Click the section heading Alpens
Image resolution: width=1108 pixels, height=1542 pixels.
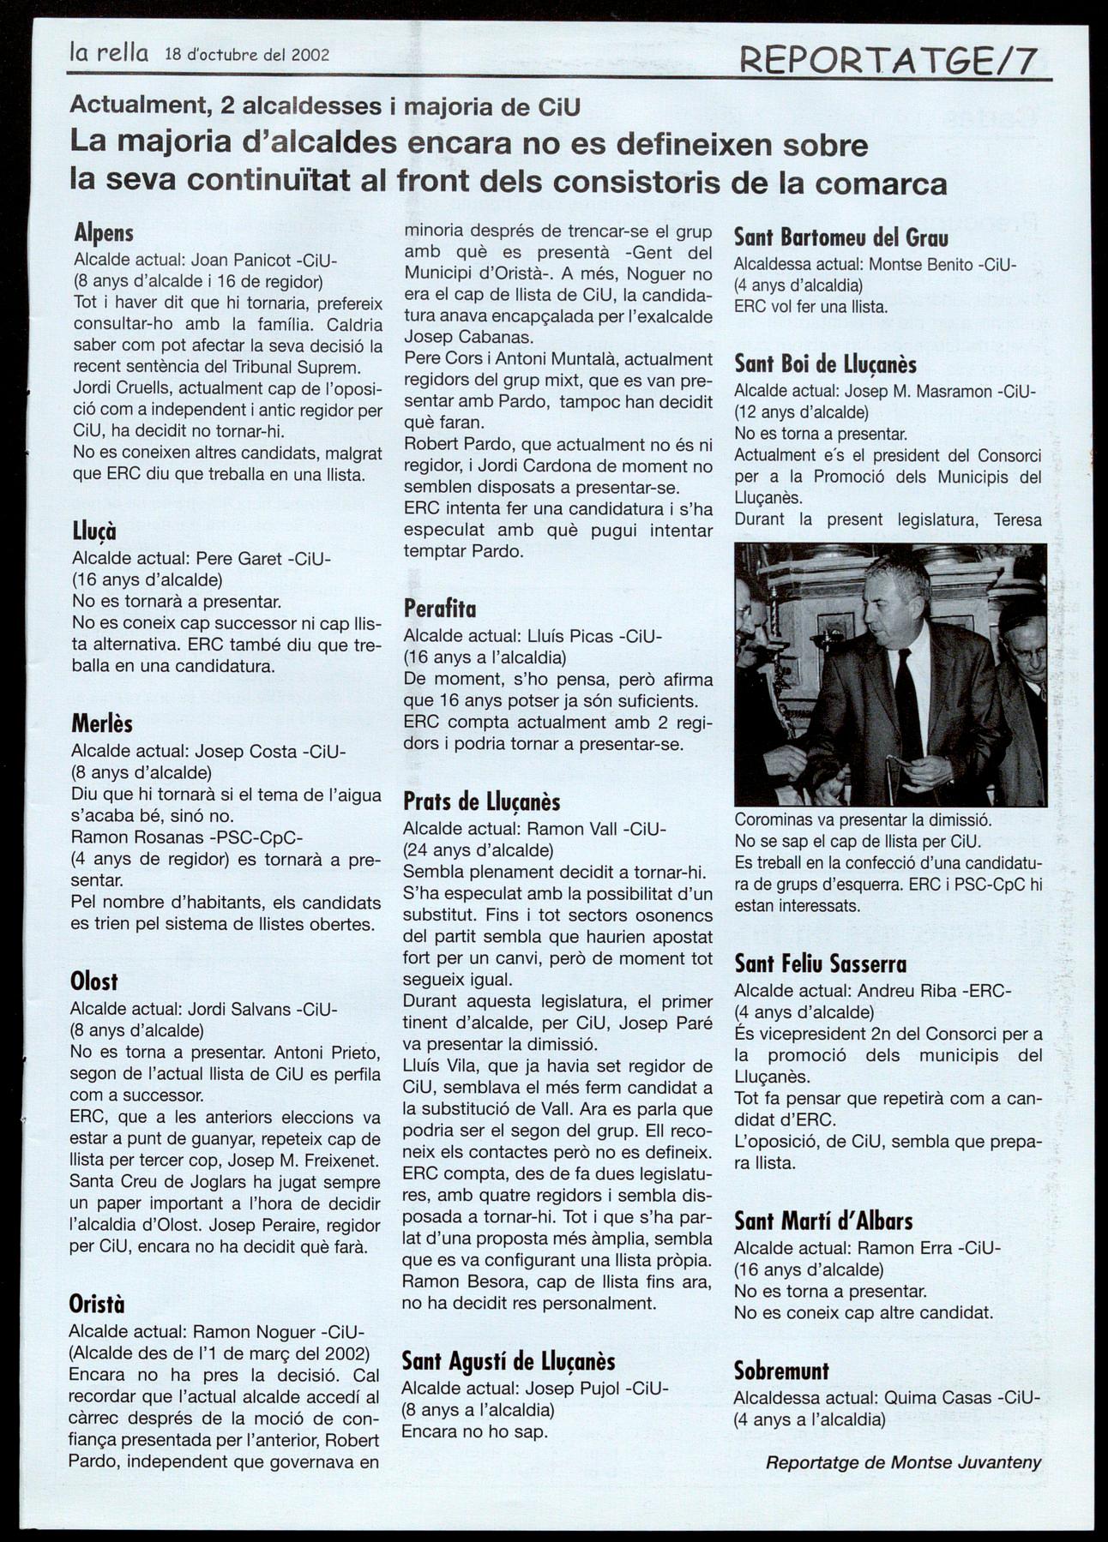coord(104,232)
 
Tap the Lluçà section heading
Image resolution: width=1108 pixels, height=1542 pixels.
coord(94,532)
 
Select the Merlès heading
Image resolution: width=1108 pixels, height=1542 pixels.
coord(102,724)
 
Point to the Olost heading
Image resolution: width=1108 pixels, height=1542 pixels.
coord(94,981)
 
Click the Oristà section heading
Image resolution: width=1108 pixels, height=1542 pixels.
coord(97,1304)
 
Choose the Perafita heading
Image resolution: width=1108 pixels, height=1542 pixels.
coord(439,609)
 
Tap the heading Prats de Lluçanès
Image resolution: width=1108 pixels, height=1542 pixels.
coord(481,802)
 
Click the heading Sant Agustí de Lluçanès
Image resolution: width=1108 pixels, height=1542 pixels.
coord(509,1361)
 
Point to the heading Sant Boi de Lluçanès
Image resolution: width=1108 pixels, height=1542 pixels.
coord(825,364)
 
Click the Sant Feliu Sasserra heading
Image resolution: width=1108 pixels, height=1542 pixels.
coord(820,964)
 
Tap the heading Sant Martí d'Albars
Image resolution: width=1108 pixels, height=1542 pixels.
coord(823,1221)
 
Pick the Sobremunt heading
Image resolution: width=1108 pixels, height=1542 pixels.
coord(781,1371)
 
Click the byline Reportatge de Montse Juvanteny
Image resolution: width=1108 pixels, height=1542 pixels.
coord(903,1462)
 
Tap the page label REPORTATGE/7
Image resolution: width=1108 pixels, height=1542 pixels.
coord(888,61)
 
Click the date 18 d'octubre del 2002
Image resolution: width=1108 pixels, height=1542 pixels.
coord(247,55)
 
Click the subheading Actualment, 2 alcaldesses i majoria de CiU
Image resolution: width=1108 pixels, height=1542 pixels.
coord(325,106)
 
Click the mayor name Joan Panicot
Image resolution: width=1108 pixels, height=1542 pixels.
coord(241,259)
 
